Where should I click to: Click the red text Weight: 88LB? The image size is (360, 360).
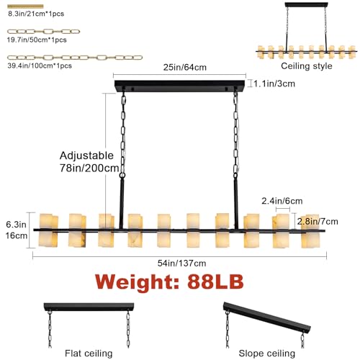coord(169,282)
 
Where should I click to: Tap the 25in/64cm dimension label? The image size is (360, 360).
coord(185,68)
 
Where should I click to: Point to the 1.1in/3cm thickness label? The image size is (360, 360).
coord(274,84)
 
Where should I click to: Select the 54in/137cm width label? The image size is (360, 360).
coord(181,264)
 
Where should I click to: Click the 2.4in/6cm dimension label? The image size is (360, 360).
coord(282,201)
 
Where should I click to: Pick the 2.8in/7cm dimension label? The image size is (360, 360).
coord(318,222)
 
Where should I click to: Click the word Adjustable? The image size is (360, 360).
coord(86,156)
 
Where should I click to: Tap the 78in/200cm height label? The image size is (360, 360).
coord(89,168)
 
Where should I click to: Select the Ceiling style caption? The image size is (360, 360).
coord(307,66)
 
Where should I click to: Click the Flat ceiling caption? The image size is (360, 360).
coord(89,354)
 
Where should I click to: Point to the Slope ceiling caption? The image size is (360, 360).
coord(266,354)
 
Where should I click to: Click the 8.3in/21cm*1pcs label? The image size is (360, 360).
coord(36,14)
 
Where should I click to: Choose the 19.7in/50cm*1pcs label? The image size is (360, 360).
coord(37,40)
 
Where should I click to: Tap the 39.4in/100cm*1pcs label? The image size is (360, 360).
coord(40,66)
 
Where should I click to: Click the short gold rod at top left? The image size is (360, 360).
coord(25,6)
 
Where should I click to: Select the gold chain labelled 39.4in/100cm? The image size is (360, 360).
coord(75,58)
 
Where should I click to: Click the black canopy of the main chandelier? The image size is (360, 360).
coord(179,86)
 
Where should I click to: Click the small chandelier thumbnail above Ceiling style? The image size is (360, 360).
coord(306,30)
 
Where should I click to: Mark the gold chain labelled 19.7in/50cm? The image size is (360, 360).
coord(43,32)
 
